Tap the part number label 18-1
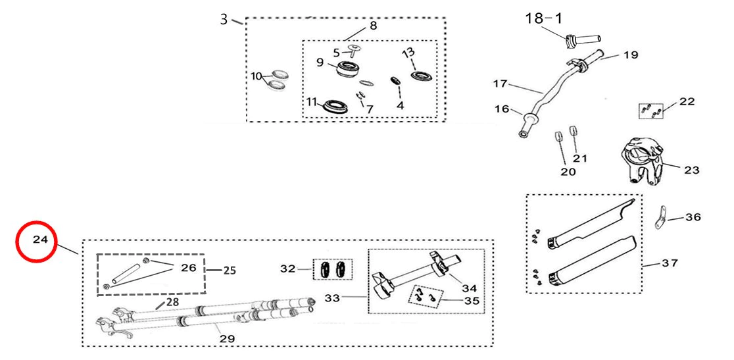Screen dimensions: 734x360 pyautogui.click(x=543, y=18)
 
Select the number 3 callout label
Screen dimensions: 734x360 pyautogui.click(x=225, y=20)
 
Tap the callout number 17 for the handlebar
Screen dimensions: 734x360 pyautogui.click(x=500, y=84)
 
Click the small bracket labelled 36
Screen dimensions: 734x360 pyautogui.click(x=660, y=217)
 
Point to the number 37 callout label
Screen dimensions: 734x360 pyautogui.click(x=670, y=263)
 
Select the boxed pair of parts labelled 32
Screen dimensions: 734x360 pyautogui.click(x=332, y=269)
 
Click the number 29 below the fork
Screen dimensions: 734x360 pyautogui.click(x=227, y=338)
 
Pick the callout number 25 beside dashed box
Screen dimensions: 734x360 pyautogui.click(x=229, y=270)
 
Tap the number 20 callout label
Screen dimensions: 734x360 pyautogui.click(x=568, y=172)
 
